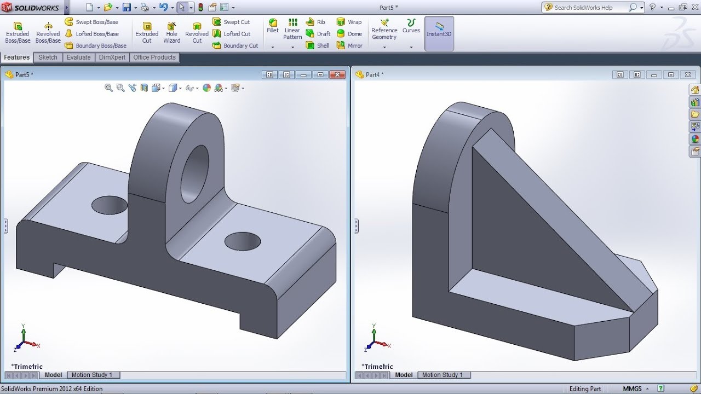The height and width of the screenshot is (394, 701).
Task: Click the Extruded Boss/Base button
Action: click(18, 33)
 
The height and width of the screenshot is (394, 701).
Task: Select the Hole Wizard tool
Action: click(171, 33)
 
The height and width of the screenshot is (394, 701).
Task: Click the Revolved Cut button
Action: click(197, 33)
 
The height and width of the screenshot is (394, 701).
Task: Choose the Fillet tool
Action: click(273, 26)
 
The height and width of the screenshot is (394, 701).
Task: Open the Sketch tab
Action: click(48, 57)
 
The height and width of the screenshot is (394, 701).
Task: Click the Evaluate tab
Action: click(78, 57)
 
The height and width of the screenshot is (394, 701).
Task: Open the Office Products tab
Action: click(154, 57)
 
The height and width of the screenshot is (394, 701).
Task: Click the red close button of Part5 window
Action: click(339, 74)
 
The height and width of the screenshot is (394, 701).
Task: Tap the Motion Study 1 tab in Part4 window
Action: click(442, 375)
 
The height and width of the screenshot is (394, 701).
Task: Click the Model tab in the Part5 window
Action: click(53, 375)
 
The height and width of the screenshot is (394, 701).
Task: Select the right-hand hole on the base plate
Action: click(243, 241)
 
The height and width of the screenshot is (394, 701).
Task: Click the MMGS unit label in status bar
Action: click(632, 389)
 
